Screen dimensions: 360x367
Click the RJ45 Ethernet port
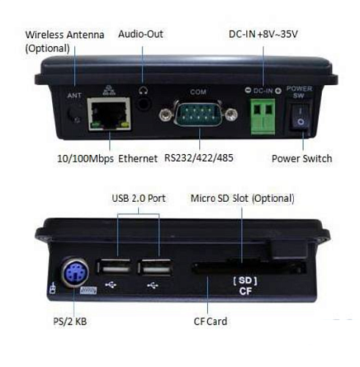click(x=109, y=114)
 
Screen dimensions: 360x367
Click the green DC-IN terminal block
click(x=263, y=117)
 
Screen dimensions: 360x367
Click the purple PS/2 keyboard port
click(x=75, y=272)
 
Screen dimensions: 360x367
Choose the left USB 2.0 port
click(x=113, y=267)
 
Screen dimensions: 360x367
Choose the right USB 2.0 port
click(x=155, y=267)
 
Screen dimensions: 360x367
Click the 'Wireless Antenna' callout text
click(x=65, y=34)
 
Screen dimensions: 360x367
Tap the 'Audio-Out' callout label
click(x=140, y=34)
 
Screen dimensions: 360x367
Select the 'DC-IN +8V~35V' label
click(x=263, y=34)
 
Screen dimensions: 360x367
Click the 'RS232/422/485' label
click(x=198, y=158)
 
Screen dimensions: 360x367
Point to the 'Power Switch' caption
click(x=302, y=159)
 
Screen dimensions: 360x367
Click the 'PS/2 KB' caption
click(x=70, y=321)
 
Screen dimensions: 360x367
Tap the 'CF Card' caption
click(x=210, y=321)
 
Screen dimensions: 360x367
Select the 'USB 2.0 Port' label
click(x=139, y=198)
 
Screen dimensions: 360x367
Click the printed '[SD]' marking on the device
click(x=245, y=280)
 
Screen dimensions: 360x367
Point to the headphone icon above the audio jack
click(x=143, y=91)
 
